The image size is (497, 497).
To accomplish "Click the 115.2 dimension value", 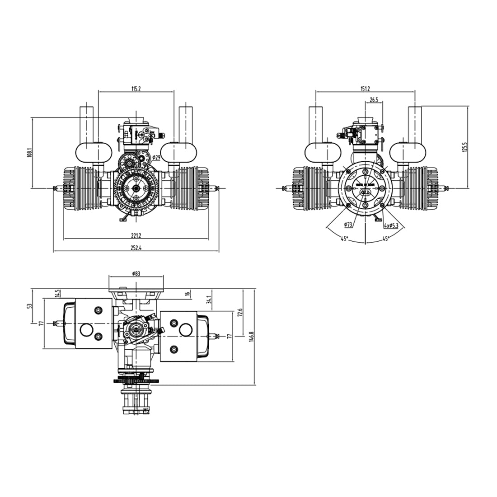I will pos(136,89).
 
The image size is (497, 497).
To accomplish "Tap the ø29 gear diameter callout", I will pos(156,158).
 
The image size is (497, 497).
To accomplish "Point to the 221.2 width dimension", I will pos(136,235).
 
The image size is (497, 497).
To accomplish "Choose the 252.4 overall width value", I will pos(136,248).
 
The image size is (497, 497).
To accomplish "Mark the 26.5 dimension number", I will pos(374,100).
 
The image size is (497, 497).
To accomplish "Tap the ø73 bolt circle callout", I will pos(348,225).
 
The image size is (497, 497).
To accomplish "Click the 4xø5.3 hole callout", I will pos(391,225).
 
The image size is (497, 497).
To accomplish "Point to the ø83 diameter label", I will pos(136,274).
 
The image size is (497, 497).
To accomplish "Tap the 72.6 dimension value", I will pos(240,312).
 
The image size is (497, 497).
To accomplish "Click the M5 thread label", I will pos(145,410).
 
